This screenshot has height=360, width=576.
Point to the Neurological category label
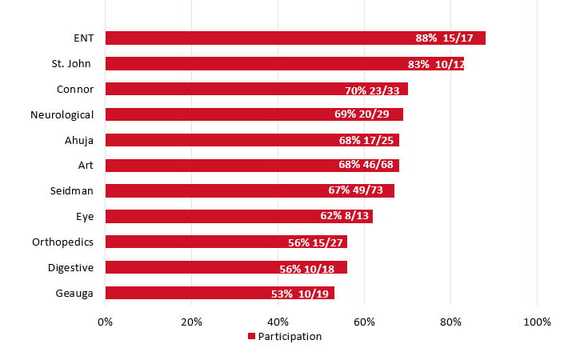(x=62, y=114)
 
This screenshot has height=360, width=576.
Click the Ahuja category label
(x=79, y=140)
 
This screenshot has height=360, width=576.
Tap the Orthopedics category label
(x=63, y=242)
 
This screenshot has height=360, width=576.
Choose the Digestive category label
(x=70, y=268)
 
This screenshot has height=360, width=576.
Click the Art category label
(x=86, y=166)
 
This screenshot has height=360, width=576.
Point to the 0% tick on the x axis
(x=105, y=322)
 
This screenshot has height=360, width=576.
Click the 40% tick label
(x=278, y=322)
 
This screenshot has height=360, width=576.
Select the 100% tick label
(x=537, y=322)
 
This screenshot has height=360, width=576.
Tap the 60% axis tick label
(x=364, y=322)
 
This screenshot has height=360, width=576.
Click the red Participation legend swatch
(x=251, y=337)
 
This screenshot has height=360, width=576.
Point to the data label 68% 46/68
(x=366, y=166)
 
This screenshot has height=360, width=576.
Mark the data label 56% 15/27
(x=316, y=242)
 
